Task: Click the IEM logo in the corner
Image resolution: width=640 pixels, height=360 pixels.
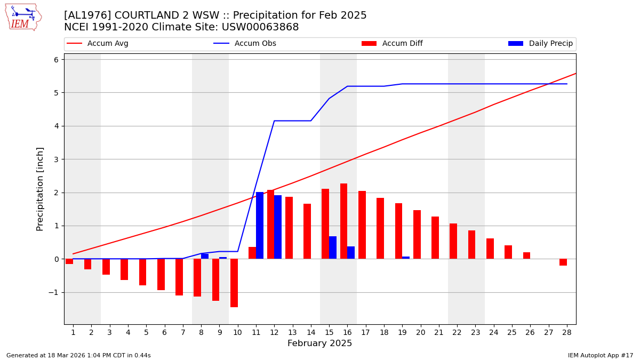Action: pos(23,17)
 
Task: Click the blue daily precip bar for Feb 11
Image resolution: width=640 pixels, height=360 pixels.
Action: pos(260,226)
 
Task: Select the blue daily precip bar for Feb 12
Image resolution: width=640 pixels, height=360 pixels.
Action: pos(278,227)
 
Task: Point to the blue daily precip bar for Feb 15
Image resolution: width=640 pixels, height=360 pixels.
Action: pos(333,247)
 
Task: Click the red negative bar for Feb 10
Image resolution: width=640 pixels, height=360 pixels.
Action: pos(234,283)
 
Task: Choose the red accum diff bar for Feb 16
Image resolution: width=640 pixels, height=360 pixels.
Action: pos(344,221)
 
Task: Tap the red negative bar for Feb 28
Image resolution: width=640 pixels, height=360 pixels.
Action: pos(563,262)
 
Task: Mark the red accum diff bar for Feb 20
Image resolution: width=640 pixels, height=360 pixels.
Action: pos(417,235)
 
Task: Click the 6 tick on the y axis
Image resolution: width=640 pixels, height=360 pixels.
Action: pos(55,60)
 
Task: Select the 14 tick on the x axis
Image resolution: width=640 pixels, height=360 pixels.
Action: pos(310,332)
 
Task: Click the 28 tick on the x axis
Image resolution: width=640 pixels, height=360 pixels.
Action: pos(566,332)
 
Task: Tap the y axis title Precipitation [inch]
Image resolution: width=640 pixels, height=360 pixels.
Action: pos(41,189)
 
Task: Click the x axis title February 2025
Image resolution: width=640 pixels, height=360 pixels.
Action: pos(319,343)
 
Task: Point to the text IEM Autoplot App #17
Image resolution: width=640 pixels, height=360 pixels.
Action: pos(600,355)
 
